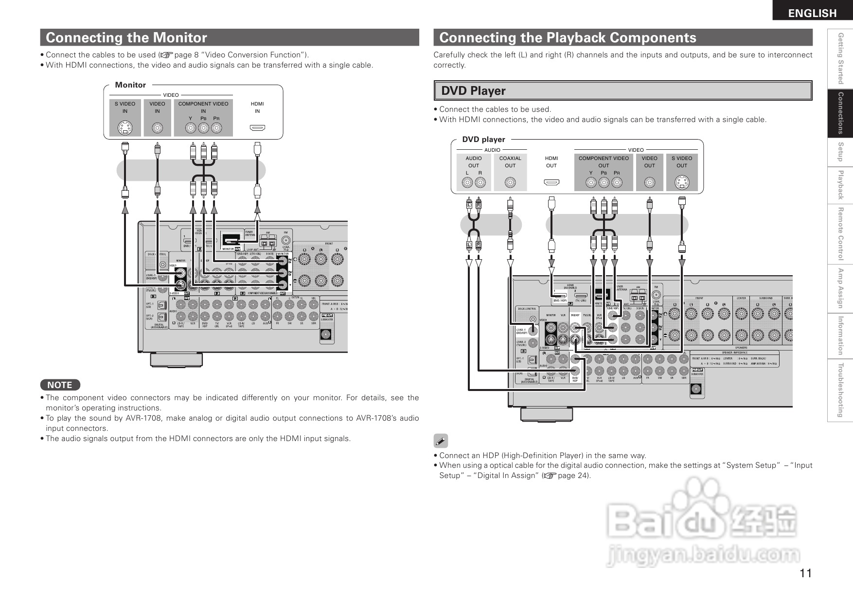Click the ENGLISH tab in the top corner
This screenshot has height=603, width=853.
coord(812,13)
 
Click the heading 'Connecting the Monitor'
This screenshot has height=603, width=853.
coord(126,37)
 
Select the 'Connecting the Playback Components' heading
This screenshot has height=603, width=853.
coord(568,37)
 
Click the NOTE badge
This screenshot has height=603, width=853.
coord(60,385)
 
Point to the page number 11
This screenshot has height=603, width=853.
coord(805,573)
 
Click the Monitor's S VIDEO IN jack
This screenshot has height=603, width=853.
coord(125,128)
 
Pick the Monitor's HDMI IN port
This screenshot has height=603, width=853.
coord(257,128)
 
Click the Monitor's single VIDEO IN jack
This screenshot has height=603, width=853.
coord(157,128)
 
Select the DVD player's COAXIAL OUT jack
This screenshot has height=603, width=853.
coord(510,183)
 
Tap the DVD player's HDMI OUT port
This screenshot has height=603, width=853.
coord(551,183)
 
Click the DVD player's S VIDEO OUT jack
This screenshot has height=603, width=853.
coord(682,183)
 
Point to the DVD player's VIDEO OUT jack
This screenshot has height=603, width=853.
coord(649,183)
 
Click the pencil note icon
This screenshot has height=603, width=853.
coord(440,442)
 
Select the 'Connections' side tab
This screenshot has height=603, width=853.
coord(840,113)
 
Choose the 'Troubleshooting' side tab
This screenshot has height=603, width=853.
coord(840,390)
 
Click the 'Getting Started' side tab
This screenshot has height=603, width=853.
coord(840,58)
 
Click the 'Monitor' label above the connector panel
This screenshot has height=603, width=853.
coord(130,85)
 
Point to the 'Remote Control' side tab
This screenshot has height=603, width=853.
coord(840,234)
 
